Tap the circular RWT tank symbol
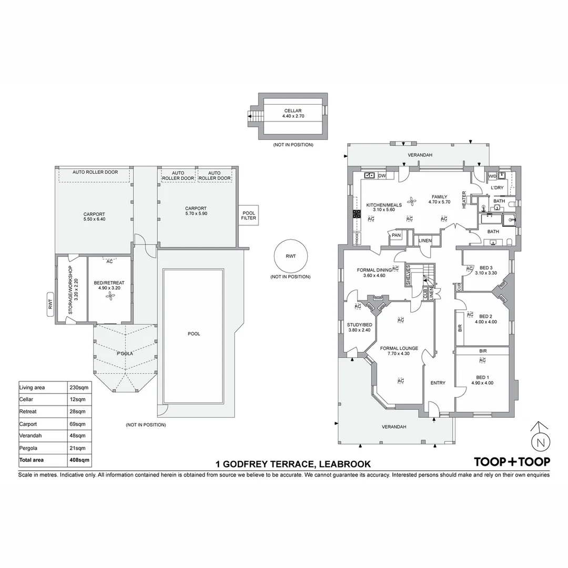coord(291,257)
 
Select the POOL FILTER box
coord(249,215)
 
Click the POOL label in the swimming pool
coord(194,333)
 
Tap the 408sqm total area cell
coord(79,460)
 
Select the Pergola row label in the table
coord(28,448)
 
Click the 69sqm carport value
coord(77,424)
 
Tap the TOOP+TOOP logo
coord(512,462)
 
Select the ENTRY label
coord(438,383)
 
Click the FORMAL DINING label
coord(374,270)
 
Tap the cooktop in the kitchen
coord(356,214)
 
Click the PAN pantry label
coord(395,236)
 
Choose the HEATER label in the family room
coord(464,199)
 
